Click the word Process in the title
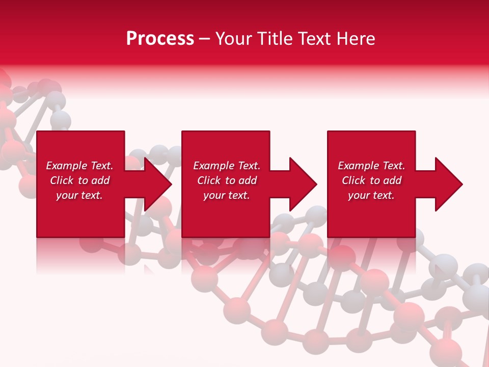click(x=160, y=39)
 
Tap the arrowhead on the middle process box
click(x=302, y=184)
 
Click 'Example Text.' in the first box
click(x=79, y=166)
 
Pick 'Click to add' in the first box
click(x=79, y=180)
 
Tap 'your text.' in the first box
click(x=79, y=195)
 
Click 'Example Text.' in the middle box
click(x=227, y=166)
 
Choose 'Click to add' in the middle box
click(x=227, y=180)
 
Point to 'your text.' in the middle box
click(x=227, y=195)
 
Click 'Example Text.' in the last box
click(x=371, y=166)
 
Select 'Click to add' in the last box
click(x=371, y=180)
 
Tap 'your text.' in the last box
click(x=371, y=195)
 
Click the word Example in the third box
click(x=359, y=166)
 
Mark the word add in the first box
click(x=100, y=180)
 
